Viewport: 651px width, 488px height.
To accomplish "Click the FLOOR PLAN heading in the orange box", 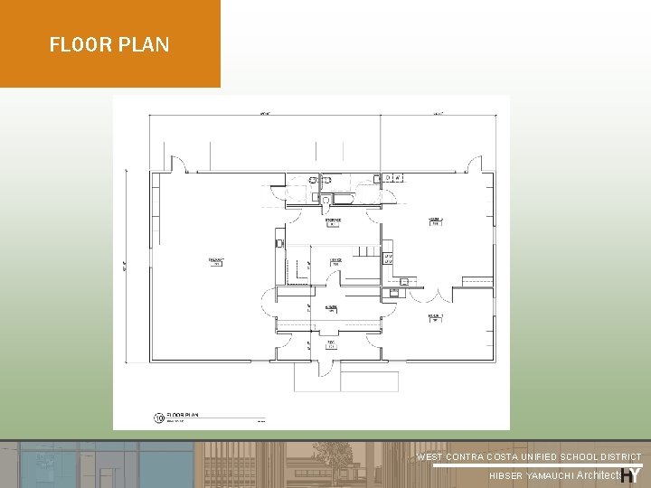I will [x=109, y=44].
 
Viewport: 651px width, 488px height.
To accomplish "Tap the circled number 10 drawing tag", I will [x=158, y=418].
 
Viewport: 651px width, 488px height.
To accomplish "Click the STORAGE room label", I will [x=333, y=221].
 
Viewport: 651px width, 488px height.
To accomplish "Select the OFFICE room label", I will [x=335, y=261].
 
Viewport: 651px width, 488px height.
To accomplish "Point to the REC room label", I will [x=331, y=343].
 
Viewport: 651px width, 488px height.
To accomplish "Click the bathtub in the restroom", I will [x=346, y=198].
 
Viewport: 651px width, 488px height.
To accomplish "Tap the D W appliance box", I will [x=392, y=178].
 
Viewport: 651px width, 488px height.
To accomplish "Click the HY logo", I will [x=631, y=474].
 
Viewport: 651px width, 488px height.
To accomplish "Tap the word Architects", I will [x=599, y=475].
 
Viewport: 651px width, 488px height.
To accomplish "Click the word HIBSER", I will [x=505, y=476].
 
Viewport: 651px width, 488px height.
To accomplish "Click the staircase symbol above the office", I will [x=365, y=250].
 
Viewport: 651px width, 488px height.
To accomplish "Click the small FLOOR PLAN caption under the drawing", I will [x=183, y=416].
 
